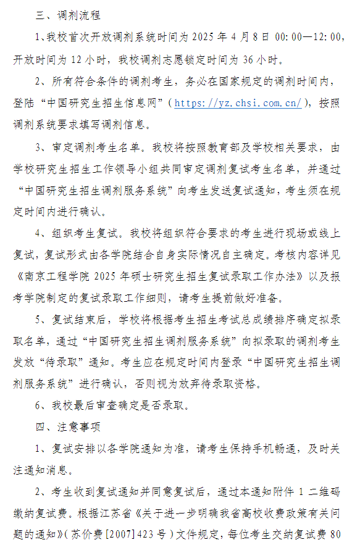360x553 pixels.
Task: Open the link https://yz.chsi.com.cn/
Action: pyautogui.click(x=238, y=103)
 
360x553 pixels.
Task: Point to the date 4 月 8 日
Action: pyautogui.click(x=248, y=37)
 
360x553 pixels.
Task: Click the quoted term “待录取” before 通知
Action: pyautogui.click(x=58, y=361)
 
